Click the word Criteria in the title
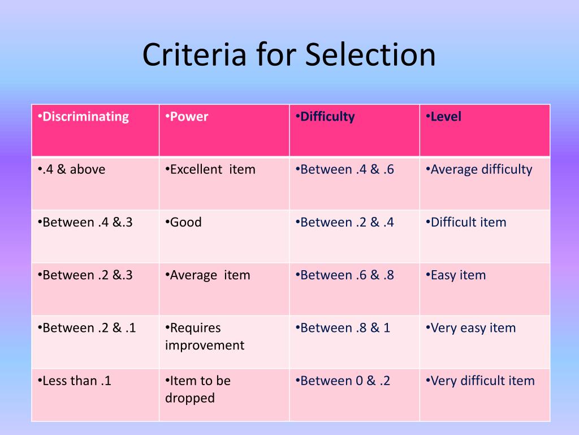[195, 54]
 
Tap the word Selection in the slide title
[370, 54]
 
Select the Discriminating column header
[84, 117]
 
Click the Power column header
[187, 117]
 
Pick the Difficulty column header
[325, 117]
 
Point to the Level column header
[443, 117]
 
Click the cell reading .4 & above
[72, 169]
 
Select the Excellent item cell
[210, 169]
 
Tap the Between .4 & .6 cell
[345, 169]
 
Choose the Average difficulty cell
[479, 170]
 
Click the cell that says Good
[184, 222]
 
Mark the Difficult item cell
[466, 222]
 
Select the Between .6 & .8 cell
[345, 275]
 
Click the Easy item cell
[456, 276]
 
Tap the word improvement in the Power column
[205, 346]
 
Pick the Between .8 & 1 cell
[343, 328]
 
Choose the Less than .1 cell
[75, 381]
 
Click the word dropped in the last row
[190, 398]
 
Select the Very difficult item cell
[481, 381]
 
